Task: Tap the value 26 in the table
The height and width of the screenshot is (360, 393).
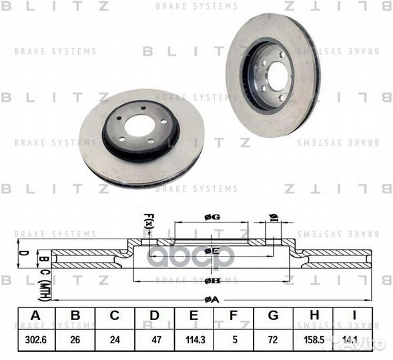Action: tap(75, 339)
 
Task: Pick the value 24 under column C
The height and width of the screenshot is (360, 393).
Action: tap(115, 339)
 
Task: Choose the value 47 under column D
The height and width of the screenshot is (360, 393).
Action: tap(155, 339)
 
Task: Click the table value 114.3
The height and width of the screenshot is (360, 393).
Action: tap(194, 339)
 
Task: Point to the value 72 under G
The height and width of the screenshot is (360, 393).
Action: tap(273, 339)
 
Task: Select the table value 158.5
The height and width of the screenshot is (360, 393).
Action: tap(312, 339)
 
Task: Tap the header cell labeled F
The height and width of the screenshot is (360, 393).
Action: tap(234, 319)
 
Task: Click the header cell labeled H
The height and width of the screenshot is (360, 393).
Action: tap(312, 319)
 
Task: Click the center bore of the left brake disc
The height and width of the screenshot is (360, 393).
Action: tap(139, 127)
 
